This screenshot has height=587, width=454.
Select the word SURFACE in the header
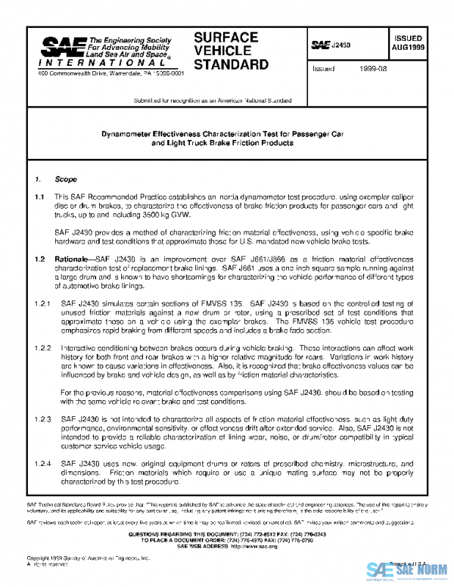click(225, 37)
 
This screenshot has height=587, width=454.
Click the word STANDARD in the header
click(231, 64)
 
